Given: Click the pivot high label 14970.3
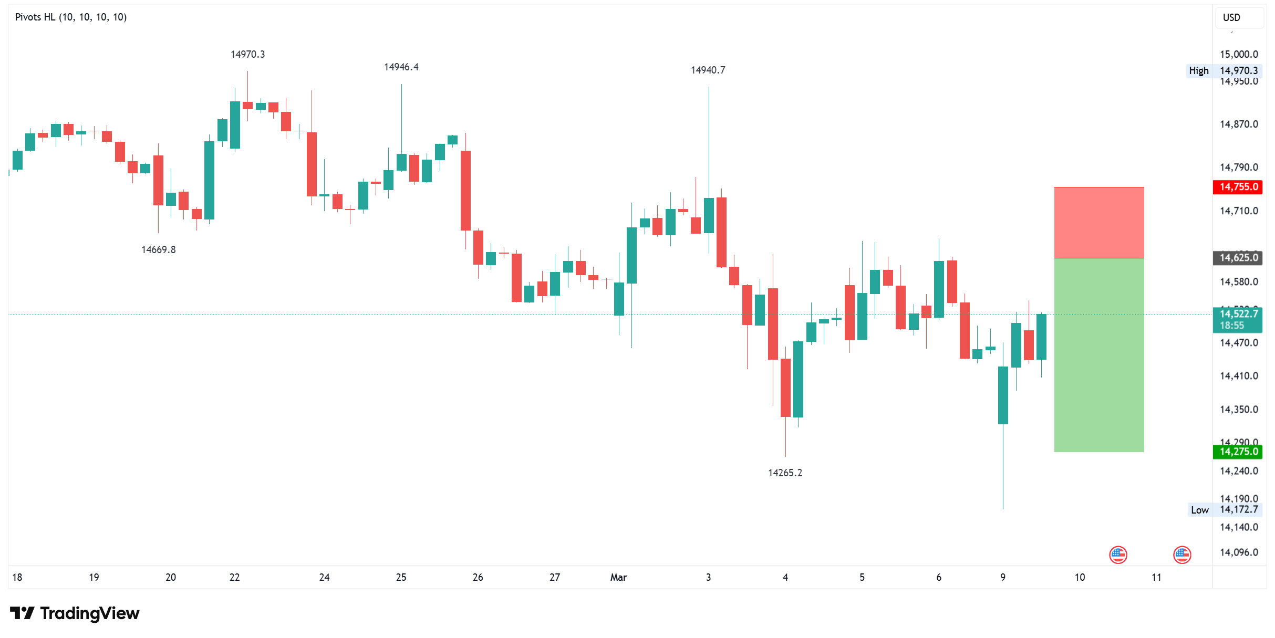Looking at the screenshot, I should (x=247, y=55).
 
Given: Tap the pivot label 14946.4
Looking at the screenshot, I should (x=401, y=67).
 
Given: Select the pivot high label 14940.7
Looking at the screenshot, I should (x=708, y=70).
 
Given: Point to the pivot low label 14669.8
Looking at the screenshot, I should (x=158, y=250).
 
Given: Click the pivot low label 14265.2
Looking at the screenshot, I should (x=785, y=473).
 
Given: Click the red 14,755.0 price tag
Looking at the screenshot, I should (x=1238, y=187).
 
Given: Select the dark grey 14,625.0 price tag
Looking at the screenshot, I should (x=1238, y=258).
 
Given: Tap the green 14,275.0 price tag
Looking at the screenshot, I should (x=1238, y=452).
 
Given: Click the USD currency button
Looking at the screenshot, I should (x=1231, y=18).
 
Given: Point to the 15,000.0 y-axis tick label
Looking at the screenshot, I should (x=1238, y=55).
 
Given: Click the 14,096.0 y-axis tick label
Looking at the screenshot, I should (x=1238, y=552).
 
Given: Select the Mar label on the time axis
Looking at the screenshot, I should (x=618, y=578).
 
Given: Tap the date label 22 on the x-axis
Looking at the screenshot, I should (x=234, y=578).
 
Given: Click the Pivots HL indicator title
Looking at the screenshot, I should (x=71, y=17).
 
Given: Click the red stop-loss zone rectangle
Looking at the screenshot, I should (x=1098, y=223).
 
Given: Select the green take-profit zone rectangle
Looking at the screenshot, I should (x=1098, y=355).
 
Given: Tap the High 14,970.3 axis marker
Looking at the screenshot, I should (x=1224, y=71).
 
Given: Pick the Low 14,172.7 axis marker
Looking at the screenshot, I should (x=1224, y=510).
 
